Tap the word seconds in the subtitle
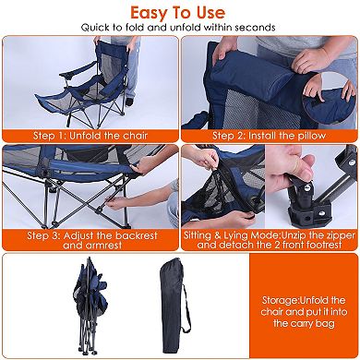click(255, 30)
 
